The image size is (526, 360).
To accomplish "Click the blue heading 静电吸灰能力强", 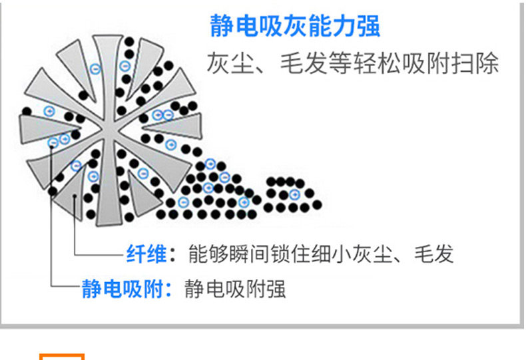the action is click(295, 27).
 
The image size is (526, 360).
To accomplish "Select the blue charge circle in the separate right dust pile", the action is click(294, 194).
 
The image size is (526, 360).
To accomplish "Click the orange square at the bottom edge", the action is click(62, 356).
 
